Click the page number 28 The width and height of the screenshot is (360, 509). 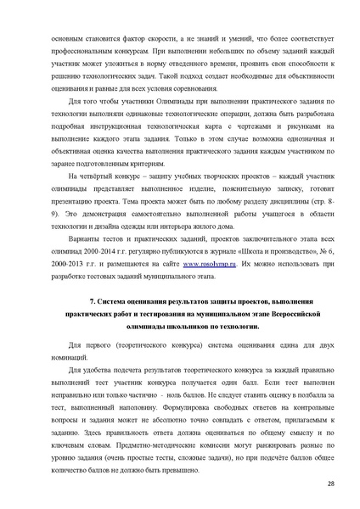pos(329,484)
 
